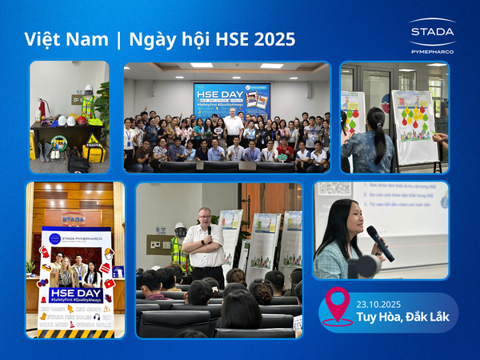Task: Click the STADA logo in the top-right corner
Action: pos(432,32)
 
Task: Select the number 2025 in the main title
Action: pos(272,39)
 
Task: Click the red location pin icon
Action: pos(337,305)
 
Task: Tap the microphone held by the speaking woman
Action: pos(379,243)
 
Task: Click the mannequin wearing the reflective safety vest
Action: pos(88,103)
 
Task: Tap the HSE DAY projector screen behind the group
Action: pos(231,99)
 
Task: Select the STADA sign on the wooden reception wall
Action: pos(74,218)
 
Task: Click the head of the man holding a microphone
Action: pos(203,216)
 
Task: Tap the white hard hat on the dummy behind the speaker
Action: pos(181,226)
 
